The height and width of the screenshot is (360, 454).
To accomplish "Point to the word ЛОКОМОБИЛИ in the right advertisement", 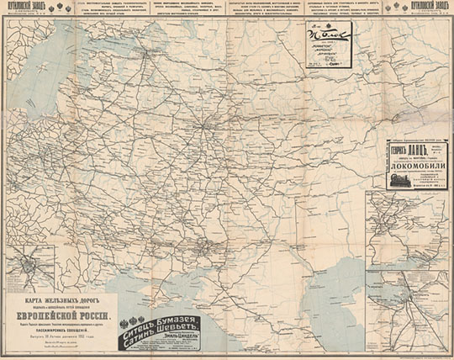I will (409, 166).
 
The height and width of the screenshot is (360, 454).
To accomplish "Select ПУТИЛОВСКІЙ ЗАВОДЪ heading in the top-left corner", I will (20, 6).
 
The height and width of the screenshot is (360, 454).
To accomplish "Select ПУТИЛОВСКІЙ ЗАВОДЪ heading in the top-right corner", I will (431, 6).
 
